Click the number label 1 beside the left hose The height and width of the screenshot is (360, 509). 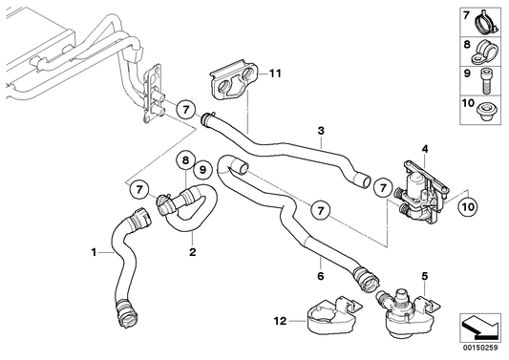click(x=93, y=253)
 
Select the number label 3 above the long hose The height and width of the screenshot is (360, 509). click(x=322, y=130)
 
